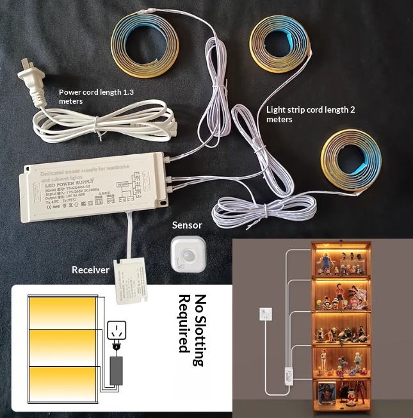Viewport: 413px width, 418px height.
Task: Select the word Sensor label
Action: click(187, 225)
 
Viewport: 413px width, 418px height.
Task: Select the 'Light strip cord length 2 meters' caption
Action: click(310, 114)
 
